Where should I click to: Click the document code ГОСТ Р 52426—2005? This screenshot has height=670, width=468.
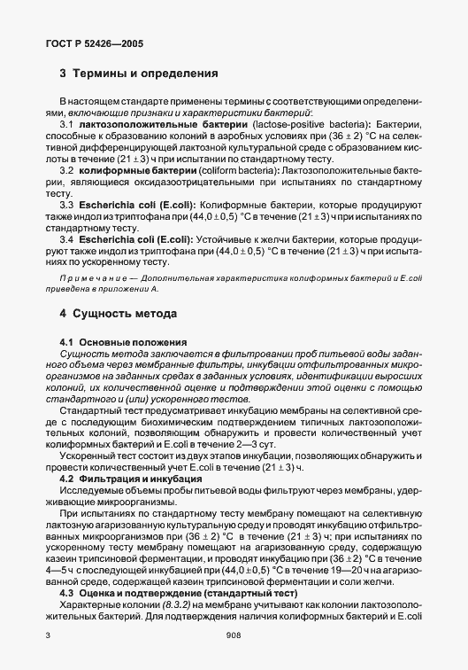[94, 42]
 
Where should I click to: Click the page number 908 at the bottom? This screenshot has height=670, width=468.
[234, 635]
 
